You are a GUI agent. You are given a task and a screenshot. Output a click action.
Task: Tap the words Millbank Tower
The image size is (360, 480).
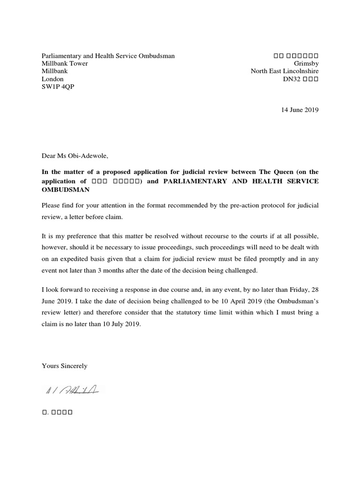[x=65, y=63]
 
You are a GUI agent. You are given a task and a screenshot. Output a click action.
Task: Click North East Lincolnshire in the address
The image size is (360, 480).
[x=285, y=71]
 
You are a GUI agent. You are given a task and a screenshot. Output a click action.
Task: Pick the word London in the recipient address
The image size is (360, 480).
[x=52, y=79]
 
